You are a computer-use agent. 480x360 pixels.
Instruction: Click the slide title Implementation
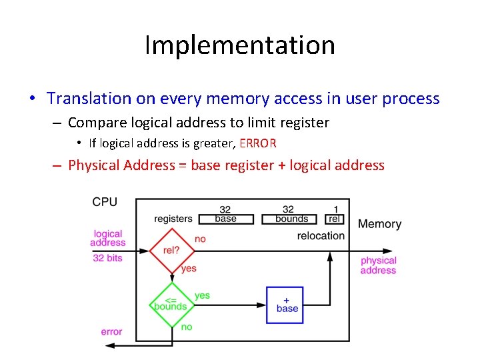239,45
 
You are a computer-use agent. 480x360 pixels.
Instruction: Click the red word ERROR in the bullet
257,143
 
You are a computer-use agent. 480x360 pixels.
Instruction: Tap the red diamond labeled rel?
171,251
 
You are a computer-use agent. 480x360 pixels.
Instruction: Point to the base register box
225,219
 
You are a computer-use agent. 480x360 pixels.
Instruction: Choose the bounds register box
291,219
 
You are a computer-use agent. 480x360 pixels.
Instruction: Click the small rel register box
335,219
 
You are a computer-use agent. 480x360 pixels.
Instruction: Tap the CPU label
105,202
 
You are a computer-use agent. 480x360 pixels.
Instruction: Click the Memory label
379,224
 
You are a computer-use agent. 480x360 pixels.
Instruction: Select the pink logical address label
108,238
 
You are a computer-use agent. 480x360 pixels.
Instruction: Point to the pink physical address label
378,265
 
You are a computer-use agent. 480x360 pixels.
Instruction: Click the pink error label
111,331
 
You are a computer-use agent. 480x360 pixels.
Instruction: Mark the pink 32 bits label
107,258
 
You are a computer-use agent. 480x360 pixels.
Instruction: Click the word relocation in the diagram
321,235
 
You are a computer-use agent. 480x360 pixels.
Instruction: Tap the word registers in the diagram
173,219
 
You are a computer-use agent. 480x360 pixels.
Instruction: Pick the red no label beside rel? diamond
200,239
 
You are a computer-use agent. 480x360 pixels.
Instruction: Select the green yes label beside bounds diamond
202,295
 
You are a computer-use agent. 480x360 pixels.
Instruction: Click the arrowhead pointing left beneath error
109,345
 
